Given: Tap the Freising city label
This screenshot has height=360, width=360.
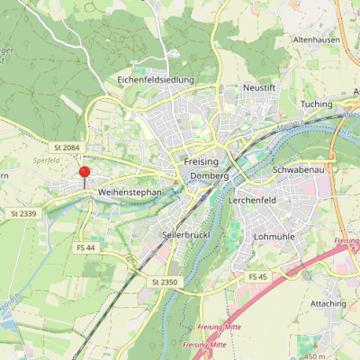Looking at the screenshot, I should click(201, 159).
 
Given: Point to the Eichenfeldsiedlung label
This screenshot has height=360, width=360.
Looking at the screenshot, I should click(156, 79).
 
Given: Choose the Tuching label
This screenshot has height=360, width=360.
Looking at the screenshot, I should click(316, 103).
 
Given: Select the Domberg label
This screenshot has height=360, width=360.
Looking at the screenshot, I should click(210, 176).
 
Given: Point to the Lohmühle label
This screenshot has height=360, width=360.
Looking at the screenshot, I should click(275, 236).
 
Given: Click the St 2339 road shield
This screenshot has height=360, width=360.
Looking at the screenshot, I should click(24, 213).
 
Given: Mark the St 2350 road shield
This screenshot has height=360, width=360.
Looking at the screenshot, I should click(166, 282).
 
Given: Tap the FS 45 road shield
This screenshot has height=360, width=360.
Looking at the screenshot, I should click(258, 275).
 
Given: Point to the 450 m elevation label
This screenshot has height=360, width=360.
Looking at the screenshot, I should click(315, 355).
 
